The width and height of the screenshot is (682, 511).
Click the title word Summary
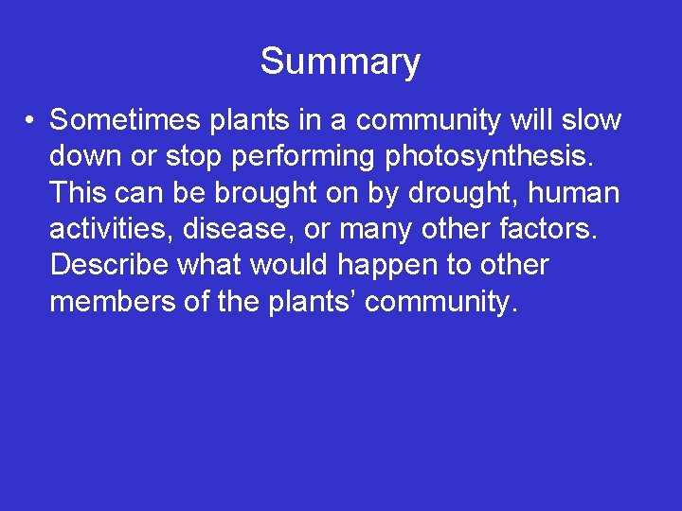click(340, 62)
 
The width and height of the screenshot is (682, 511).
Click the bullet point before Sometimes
click(31, 121)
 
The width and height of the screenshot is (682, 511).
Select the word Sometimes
click(123, 120)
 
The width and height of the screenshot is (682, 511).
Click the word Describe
click(110, 265)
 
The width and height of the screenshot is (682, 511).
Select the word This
click(80, 193)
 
